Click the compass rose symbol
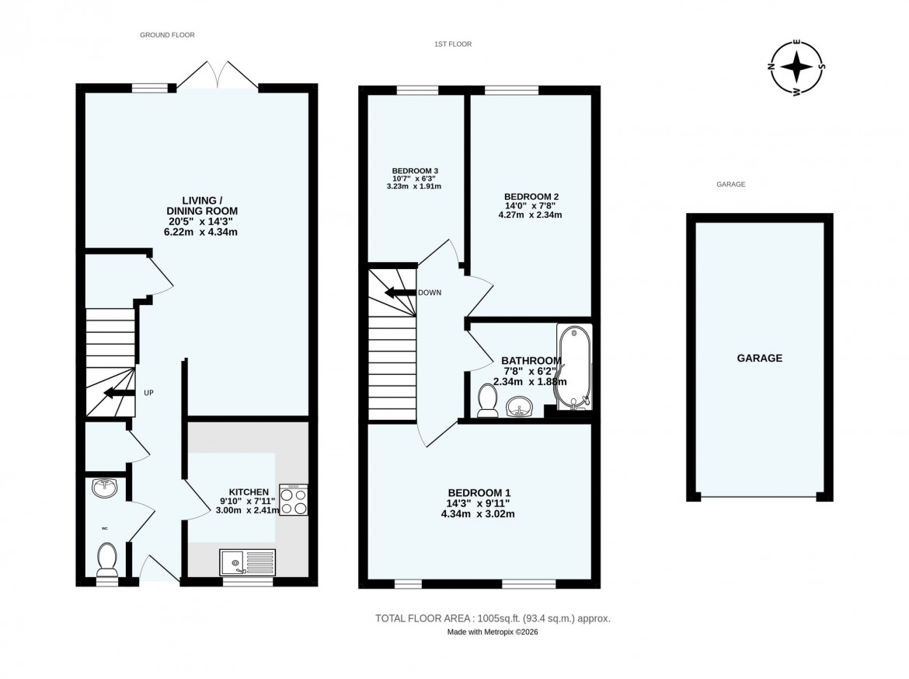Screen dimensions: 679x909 [x=796, y=67]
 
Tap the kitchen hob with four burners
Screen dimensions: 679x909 [x=293, y=499]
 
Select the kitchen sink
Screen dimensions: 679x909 [x=247, y=562]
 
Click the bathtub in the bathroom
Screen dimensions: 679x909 [x=573, y=366]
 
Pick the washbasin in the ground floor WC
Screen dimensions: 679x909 [x=104, y=488]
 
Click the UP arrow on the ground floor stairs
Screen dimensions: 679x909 [x=117, y=393]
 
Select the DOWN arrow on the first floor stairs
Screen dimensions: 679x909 [x=399, y=293]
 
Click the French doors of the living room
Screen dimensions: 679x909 [x=219, y=75]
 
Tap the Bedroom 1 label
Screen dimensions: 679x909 [x=479, y=492]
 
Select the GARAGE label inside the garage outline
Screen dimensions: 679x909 [x=759, y=359]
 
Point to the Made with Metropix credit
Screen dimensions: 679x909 [x=493, y=632]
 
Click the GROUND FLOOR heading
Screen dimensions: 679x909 [x=167, y=35]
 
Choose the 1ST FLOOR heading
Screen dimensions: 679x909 [x=453, y=44]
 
